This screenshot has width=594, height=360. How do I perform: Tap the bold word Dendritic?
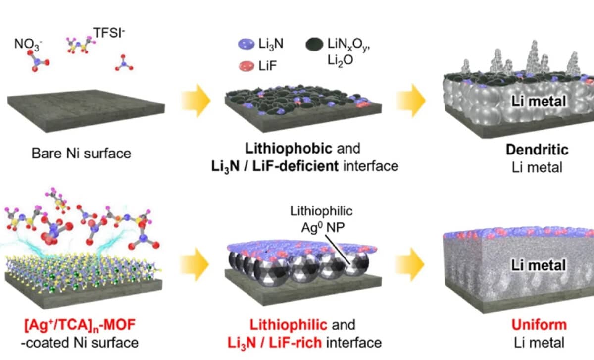click(x=540, y=150)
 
